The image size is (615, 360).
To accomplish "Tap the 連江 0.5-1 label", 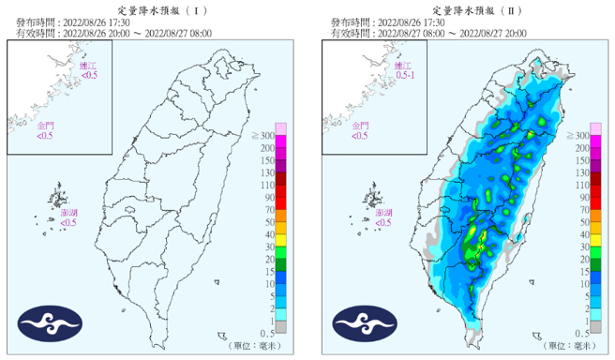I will pos(402,71).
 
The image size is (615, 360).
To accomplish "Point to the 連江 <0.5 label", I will pos(87,71).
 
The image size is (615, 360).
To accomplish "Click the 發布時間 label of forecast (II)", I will pos(345,22).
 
